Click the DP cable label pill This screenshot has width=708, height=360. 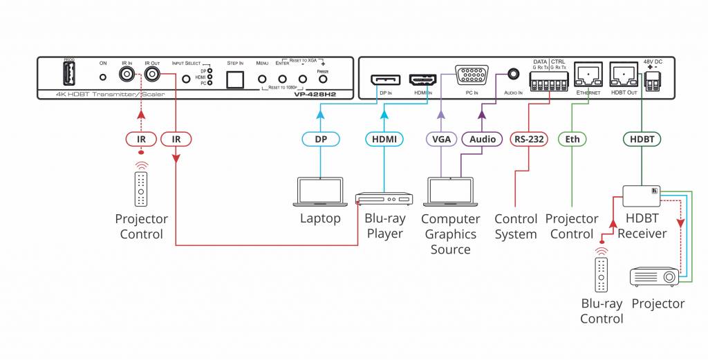point(320,139)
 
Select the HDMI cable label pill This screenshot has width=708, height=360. point(384,139)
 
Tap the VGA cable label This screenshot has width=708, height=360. point(440,139)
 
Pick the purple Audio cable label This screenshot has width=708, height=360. point(482,139)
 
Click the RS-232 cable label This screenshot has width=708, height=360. point(529,139)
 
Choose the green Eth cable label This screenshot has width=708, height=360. point(572,139)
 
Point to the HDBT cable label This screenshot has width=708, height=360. point(641,139)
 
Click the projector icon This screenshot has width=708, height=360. point(653,277)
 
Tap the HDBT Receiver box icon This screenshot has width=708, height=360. point(641,196)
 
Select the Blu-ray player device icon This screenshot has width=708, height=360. point(384,199)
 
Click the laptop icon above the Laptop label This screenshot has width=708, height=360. point(320,191)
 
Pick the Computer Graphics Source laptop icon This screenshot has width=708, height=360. point(450,191)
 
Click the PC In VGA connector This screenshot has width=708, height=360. point(472,75)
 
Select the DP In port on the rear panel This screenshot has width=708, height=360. point(385,80)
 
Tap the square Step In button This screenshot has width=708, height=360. point(236,79)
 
